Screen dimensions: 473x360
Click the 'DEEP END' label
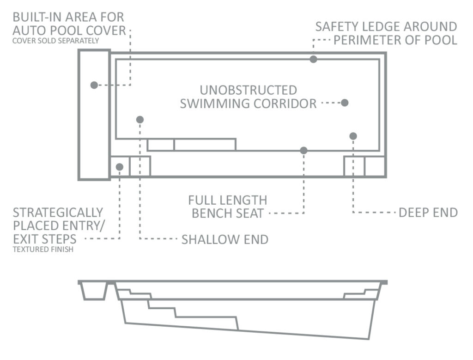[x=428, y=213]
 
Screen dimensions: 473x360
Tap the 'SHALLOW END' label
[x=225, y=239]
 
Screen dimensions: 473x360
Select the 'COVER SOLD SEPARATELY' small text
[x=55, y=41]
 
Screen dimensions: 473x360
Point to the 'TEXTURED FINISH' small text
[x=43, y=250]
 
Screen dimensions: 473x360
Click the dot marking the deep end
[x=353, y=136]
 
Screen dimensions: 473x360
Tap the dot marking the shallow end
[x=139, y=120]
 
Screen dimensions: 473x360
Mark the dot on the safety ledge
[x=313, y=59]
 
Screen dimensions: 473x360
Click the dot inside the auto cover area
[x=94, y=85]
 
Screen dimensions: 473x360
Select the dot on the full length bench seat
[x=303, y=150]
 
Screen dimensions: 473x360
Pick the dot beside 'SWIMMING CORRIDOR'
[x=345, y=103]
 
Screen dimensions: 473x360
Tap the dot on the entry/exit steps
[x=120, y=167]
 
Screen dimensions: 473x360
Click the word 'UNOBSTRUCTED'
[x=248, y=90]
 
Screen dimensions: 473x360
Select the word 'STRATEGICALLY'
[x=58, y=213]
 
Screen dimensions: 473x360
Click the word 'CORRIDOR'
[x=285, y=104]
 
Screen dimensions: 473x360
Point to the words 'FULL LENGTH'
[x=228, y=201]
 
